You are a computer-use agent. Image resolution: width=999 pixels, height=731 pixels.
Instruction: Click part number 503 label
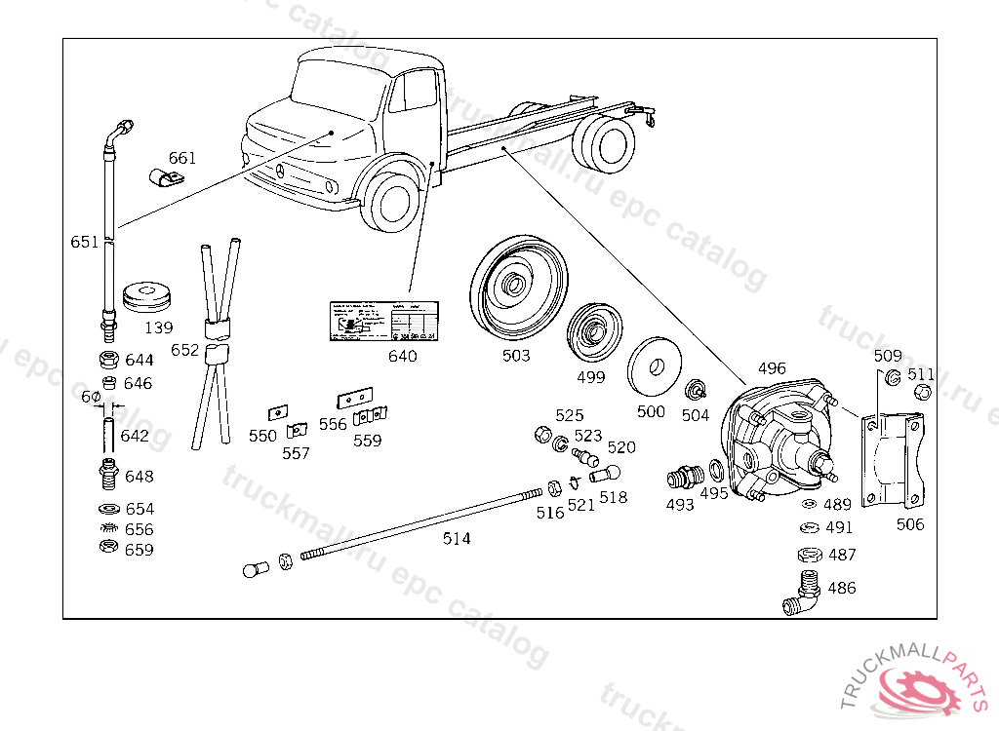pyautogui.click(x=516, y=356)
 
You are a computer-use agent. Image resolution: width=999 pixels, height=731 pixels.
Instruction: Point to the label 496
pyautogui.click(x=771, y=368)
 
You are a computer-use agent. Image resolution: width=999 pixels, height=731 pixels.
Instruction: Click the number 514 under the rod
pyautogui.click(x=456, y=538)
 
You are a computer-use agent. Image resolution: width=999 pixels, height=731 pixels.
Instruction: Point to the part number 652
pyautogui.click(x=184, y=349)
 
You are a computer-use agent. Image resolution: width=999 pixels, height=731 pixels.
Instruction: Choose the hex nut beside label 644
pyautogui.click(x=110, y=360)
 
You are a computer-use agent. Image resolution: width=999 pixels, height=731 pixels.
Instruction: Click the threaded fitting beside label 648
pyautogui.click(x=110, y=475)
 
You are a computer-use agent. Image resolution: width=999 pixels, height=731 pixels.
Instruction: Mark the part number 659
pyautogui.click(x=139, y=550)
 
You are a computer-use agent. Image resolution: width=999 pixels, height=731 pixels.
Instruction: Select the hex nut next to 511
pyautogui.click(x=919, y=392)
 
